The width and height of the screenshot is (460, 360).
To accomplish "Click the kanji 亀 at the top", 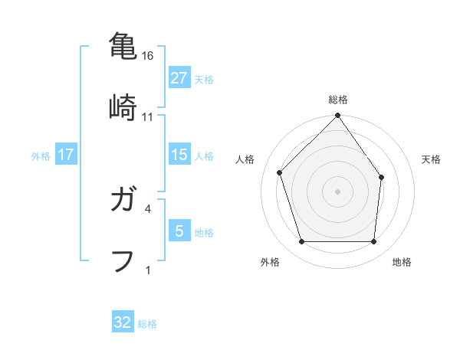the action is pyautogui.click(x=123, y=46).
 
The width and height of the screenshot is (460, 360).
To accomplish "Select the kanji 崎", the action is pyautogui.click(x=123, y=106).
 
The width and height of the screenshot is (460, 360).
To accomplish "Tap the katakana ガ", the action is pyautogui.click(x=123, y=201).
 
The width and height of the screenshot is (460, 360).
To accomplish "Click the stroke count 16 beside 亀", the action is pyautogui.click(x=149, y=56).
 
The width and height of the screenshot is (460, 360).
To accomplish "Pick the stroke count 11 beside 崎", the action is pyautogui.click(x=148, y=116).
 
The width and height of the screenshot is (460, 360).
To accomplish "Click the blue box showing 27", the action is pyautogui.click(x=179, y=78).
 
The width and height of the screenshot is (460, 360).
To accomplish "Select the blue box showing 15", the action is pyautogui.click(x=179, y=155).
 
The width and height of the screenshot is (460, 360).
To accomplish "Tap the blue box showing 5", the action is pyautogui.click(x=179, y=231).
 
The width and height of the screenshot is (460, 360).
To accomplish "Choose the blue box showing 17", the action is pyautogui.click(x=66, y=155).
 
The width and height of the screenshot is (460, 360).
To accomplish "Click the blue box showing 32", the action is pyautogui.click(x=123, y=322).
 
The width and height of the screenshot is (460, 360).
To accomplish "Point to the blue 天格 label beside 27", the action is pyautogui.click(x=204, y=79).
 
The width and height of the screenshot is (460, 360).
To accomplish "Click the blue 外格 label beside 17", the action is pyautogui.click(x=41, y=155).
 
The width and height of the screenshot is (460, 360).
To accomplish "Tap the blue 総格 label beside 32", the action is pyautogui.click(x=147, y=323).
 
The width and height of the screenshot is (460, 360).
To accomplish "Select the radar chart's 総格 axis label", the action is pyautogui.click(x=338, y=100).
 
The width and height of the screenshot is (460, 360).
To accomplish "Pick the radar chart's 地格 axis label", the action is pyautogui.click(x=402, y=263).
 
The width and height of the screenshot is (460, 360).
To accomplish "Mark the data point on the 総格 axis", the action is pyautogui.click(x=338, y=116).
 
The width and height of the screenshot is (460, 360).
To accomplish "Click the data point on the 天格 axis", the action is pyautogui.click(x=381, y=177).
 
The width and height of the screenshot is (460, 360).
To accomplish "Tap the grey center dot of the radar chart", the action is pyautogui.click(x=338, y=191).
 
